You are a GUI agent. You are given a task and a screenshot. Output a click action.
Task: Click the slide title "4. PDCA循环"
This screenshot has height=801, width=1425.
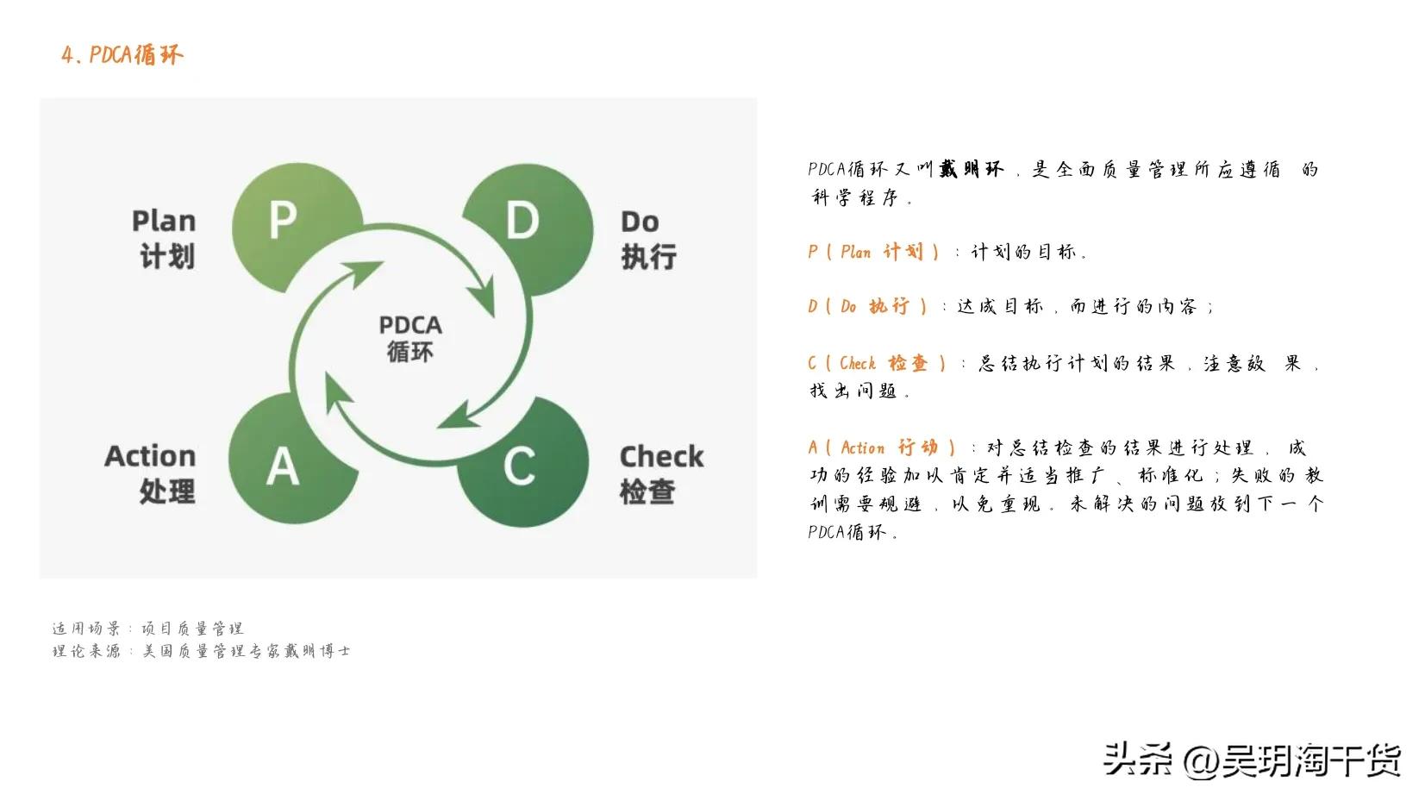click(122, 55)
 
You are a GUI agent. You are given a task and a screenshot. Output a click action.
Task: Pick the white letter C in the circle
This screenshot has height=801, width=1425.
click(519, 466)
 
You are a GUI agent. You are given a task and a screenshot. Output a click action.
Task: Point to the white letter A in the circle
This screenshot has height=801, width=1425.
click(282, 467)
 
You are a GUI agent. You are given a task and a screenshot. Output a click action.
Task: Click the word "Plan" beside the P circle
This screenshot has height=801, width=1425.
click(164, 221)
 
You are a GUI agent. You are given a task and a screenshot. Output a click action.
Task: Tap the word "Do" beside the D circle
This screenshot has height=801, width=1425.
click(640, 222)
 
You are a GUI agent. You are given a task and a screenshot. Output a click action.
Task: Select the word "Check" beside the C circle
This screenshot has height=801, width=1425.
click(661, 456)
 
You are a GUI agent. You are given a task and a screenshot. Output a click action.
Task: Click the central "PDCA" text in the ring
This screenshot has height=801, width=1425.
click(410, 325)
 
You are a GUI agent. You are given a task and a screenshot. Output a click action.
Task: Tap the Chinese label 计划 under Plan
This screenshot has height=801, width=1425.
click(167, 256)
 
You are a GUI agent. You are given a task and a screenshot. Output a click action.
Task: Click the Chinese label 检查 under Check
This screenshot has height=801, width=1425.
click(647, 491)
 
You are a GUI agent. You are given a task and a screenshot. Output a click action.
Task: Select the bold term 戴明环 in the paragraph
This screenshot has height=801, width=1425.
click(972, 169)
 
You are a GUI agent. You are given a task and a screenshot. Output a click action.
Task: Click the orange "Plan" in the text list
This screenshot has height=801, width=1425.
click(855, 252)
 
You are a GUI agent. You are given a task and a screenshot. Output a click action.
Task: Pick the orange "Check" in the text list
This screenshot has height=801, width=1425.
click(857, 363)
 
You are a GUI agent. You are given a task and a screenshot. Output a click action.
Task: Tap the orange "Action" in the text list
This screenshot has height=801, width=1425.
click(862, 447)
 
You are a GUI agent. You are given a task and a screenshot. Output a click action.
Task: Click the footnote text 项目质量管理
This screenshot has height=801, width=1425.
click(192, 629)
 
